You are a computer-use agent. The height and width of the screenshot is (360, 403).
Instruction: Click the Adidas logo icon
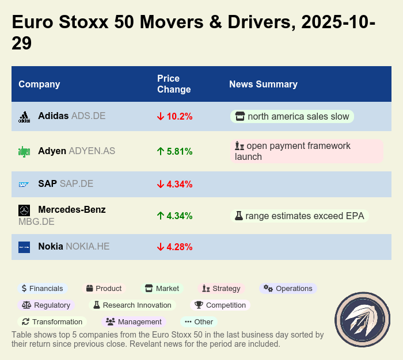point(24,117)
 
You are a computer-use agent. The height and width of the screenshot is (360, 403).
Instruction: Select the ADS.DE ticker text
point(88,116)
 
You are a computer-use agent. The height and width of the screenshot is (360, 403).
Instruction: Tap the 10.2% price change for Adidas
point(174,116)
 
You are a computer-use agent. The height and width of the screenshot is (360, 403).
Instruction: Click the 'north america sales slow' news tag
point(292,117)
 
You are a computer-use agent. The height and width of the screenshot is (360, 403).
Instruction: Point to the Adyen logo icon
point(24,152)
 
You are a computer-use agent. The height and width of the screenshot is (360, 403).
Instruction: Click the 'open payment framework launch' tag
point(306,151)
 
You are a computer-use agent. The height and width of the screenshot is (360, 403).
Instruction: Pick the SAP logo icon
point(24,185)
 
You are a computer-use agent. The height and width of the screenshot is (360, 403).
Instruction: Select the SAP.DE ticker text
point(76,184)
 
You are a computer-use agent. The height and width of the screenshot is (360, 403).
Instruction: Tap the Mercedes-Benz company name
point(72,209)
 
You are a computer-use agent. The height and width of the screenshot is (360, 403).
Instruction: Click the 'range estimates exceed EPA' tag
point(300,216)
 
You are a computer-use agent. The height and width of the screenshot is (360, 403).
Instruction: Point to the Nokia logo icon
point(24,247)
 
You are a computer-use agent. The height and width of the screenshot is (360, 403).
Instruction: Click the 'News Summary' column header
point(263,85)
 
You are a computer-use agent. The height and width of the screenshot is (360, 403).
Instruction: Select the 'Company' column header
point(39,85)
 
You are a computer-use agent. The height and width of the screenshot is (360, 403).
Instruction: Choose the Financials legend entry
point(42,289)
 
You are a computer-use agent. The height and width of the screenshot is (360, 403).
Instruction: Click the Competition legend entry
point(220,305)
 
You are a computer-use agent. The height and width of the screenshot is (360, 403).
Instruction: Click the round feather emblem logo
point(363,320)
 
